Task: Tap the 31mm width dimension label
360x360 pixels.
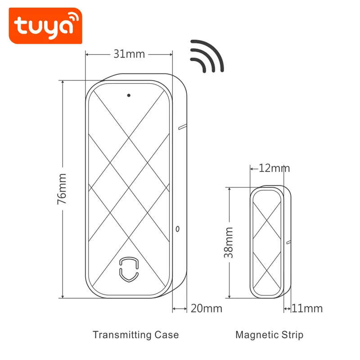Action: pos(129,54)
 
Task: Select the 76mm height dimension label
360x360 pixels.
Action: pos(62,189)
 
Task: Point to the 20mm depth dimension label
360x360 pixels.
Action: pos(207,309)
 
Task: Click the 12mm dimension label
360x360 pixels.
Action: pos(274,169)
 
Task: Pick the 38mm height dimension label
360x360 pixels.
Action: pos(229,243)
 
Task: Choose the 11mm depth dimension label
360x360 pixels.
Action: pos(307,309)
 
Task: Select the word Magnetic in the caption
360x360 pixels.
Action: pos(256,335)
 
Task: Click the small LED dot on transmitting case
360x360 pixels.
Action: pos(129,95)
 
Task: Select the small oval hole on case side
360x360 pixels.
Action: pos(178,229)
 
